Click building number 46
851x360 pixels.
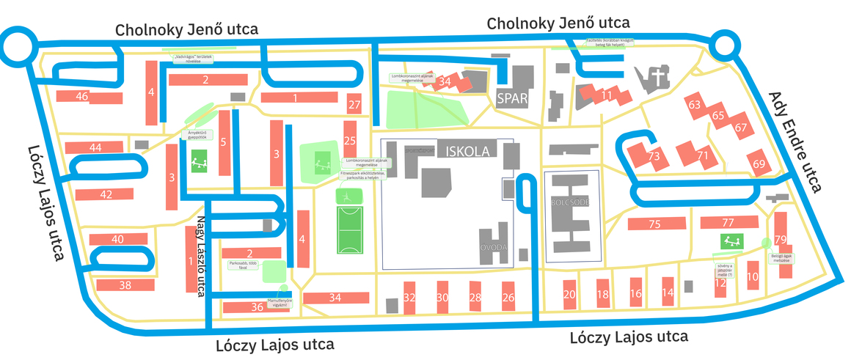(x=81, y=97)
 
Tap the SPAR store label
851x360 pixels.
(x=512, y=99)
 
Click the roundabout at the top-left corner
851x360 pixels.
(x=16, y=48)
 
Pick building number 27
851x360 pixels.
(x=354, y=105)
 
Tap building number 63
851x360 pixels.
(x=694, y=105)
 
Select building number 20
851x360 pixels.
(x=569, y=294)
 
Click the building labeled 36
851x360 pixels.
(x=256, y=307)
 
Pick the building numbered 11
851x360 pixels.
(x=606, y=95)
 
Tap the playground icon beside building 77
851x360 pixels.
(x=730, y=240)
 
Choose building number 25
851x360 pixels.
(x=350, y=141)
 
